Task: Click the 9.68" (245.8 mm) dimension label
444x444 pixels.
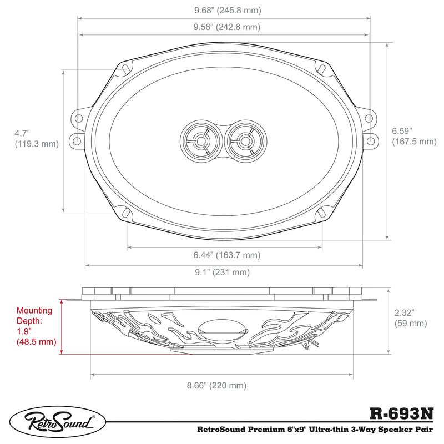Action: click(x=224, y=10)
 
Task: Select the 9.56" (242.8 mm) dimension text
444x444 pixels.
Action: click(x=224, y=27)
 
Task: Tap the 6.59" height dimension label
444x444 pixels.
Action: click(x=413, y=136)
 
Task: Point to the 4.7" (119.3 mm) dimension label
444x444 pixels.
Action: click(x=36, y=138)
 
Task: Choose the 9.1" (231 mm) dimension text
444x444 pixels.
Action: click(x=224, y=273)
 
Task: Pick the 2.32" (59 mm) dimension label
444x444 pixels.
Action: click(x=410, y=317)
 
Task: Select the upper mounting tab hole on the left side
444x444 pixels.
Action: click(x=78, y=118)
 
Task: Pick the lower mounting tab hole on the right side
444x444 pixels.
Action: click(x=369, y=140)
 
